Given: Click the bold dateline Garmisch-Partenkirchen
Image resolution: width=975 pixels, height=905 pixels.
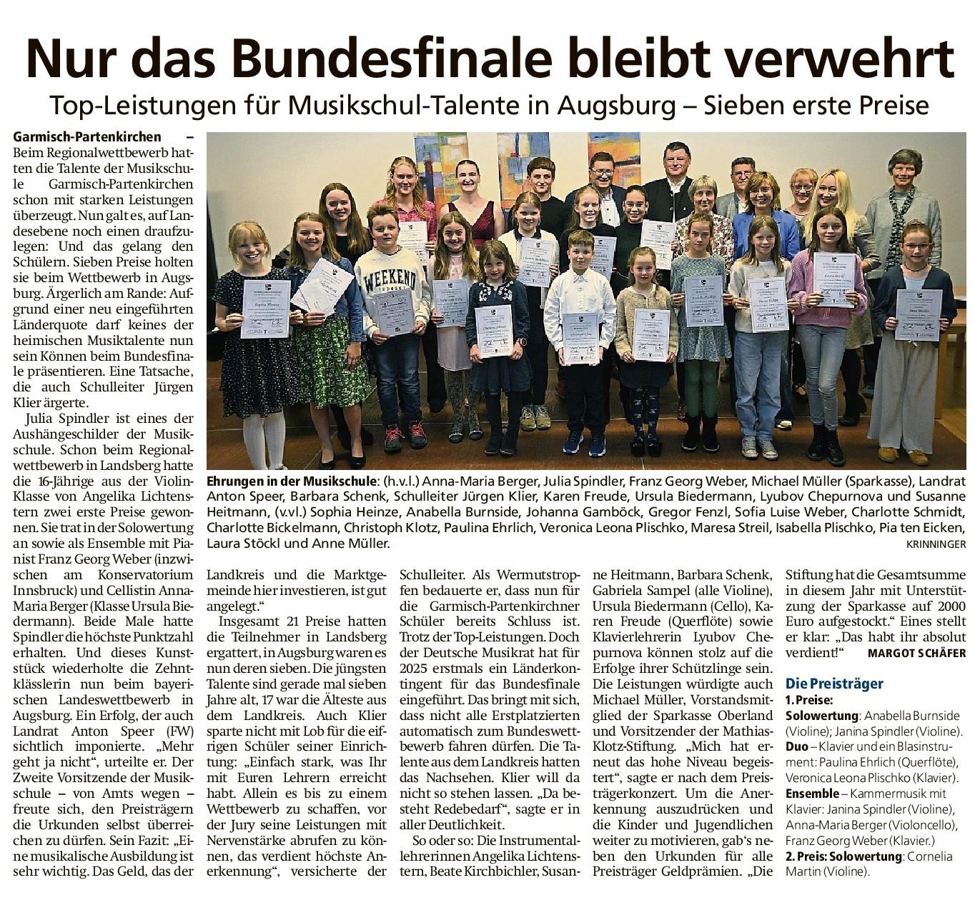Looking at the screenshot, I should (x=87, y=136).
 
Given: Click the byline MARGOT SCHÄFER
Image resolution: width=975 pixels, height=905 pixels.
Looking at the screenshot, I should (x=916, y=653).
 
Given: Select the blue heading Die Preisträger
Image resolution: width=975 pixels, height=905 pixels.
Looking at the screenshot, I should (x=834, y=684).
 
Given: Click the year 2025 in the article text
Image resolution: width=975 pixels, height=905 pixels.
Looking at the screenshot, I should (x=413, y=669).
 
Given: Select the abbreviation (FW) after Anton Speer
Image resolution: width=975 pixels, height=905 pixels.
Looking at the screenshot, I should (x=177, y=731).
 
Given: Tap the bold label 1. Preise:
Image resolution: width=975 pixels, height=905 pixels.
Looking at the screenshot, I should (x=809, y=700).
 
